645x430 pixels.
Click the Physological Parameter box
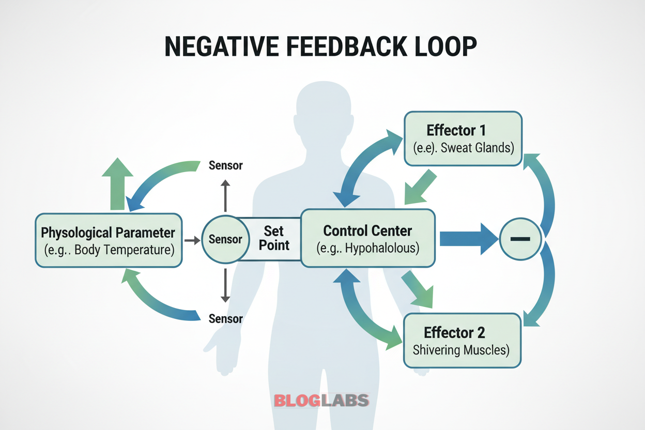pos(109,240)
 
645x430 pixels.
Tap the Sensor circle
pos(225,240)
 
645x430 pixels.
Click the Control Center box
pos(367,238)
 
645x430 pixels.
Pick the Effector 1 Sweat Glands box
pos(463,139)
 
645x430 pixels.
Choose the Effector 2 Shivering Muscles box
pos(462,340)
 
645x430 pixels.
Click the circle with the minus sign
pos(520,239)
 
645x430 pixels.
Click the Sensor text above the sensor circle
pos(225,166)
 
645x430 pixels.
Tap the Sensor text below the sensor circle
pos(225,318)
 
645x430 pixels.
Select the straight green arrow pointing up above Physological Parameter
pos(117,183)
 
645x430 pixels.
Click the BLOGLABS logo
pos(321,400)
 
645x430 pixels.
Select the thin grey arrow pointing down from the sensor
pos(225,284)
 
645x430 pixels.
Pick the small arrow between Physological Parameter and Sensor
pos(192,240)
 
